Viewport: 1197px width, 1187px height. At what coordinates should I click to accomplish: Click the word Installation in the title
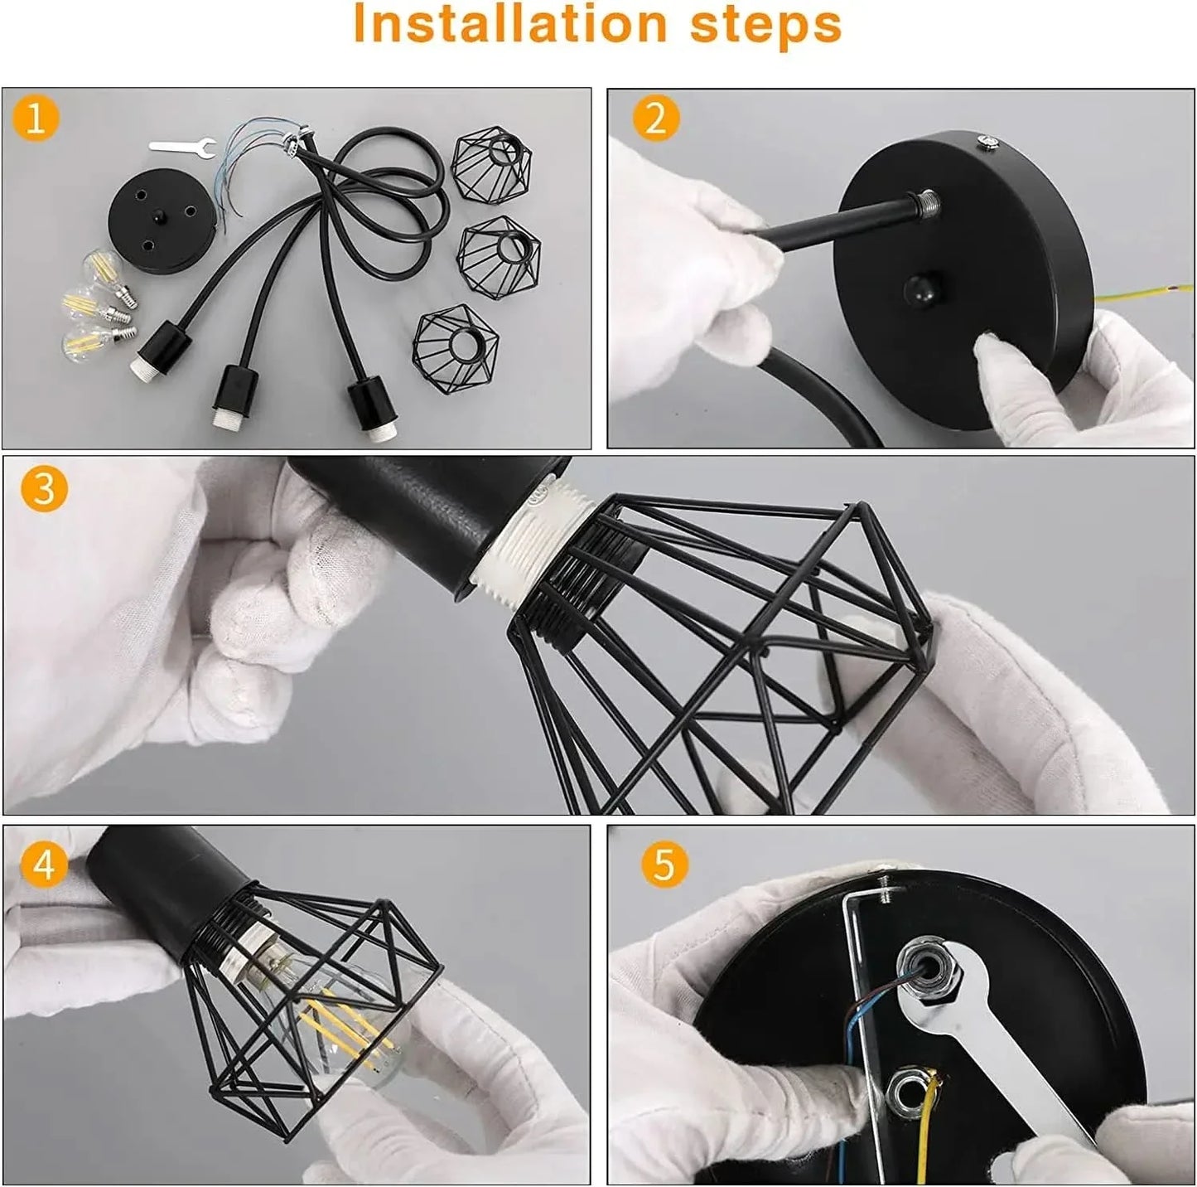(x=509, y=25)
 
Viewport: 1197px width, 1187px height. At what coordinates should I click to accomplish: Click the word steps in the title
(x=766, y=25)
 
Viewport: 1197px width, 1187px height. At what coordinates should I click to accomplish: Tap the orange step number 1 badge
(x=36, y=119)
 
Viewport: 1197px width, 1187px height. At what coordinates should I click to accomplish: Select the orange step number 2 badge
(x=655, y=119)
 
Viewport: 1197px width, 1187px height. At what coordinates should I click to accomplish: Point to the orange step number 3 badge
(x=43, y=488)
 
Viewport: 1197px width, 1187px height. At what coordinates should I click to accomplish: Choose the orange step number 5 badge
(x=664, y=865)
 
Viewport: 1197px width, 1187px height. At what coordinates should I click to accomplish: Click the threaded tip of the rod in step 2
(x=926, y=201)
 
